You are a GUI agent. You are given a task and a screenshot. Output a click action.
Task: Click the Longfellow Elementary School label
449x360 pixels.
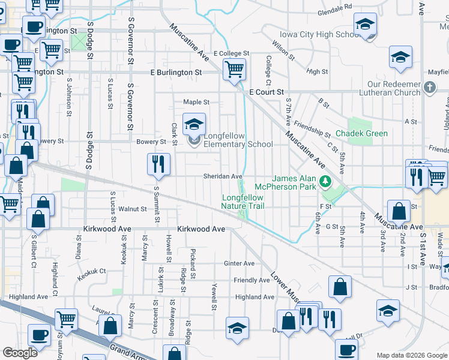[238, 140]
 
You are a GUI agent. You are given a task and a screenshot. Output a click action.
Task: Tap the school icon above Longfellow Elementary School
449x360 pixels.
[194, 124]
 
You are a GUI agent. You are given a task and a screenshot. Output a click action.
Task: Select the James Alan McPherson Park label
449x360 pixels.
[294, 182]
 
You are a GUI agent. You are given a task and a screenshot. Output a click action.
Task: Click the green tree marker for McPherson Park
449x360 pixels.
[325, 180]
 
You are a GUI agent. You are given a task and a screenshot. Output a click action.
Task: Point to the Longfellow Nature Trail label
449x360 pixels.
[243, 202]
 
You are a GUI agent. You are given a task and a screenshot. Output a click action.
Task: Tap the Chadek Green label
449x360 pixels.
[361, 133]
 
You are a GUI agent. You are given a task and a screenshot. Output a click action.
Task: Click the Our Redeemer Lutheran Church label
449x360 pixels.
[394, 88]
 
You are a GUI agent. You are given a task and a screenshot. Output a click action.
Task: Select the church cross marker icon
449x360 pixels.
[429, 88]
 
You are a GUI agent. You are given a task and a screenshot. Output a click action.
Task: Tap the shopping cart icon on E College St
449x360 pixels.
[234, 69]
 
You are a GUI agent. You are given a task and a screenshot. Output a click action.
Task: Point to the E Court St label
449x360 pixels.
[266, 92]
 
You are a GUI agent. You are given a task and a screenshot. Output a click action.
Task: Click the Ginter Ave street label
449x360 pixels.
[239, 263]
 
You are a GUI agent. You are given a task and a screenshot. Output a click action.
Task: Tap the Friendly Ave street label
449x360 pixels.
[252, 280]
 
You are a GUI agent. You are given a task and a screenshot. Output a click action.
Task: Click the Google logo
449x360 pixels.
[20, 352]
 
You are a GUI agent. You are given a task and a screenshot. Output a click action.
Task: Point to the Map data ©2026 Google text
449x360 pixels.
[411, 355]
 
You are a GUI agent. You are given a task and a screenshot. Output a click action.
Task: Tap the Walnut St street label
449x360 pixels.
[132, 209]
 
